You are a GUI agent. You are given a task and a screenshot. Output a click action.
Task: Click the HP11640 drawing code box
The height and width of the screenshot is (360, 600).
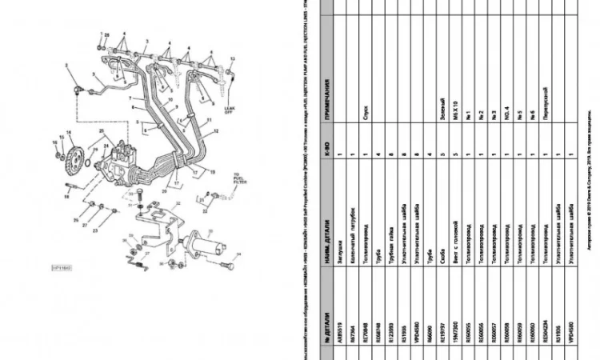coord(62,268)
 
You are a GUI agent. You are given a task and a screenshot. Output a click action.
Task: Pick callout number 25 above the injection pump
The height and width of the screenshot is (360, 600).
coord(102,130)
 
